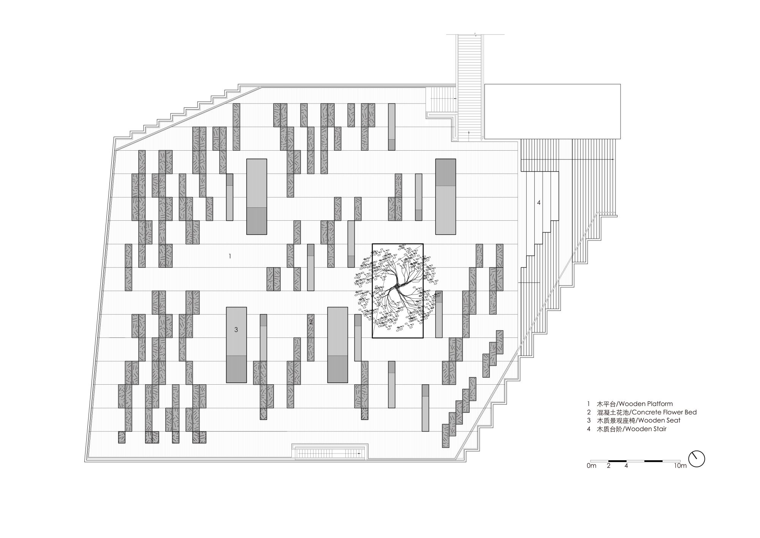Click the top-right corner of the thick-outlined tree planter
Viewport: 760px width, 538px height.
pyautogui.click(x=423, y=244)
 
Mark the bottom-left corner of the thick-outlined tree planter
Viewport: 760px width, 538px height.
pyautogui.click(x=372, y=338)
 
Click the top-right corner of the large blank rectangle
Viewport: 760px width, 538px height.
pyautogui.click(x=620, y=84)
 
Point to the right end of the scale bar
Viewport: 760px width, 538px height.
pyautogui.click(x=680, y=462)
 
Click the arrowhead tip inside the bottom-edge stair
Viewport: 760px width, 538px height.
pyautogui.click(x=358, y=454)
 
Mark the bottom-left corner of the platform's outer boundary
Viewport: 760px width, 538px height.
pyautogui.click(x=84, y=462)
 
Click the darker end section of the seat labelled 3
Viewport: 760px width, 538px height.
pyautogui.click(x=236, y=369)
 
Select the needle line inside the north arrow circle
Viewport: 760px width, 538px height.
pyautogui.click(x=695, y=456)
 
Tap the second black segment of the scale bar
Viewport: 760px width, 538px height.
pyautogui.click(x=653, y=462)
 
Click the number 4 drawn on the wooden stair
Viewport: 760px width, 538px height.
pyautogui.click(x=538, y=203)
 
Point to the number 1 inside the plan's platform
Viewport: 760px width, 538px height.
pyautogui.click(x=230, y=256)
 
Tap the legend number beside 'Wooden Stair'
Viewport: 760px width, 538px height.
pyautogui.click(x=589, y=429)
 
